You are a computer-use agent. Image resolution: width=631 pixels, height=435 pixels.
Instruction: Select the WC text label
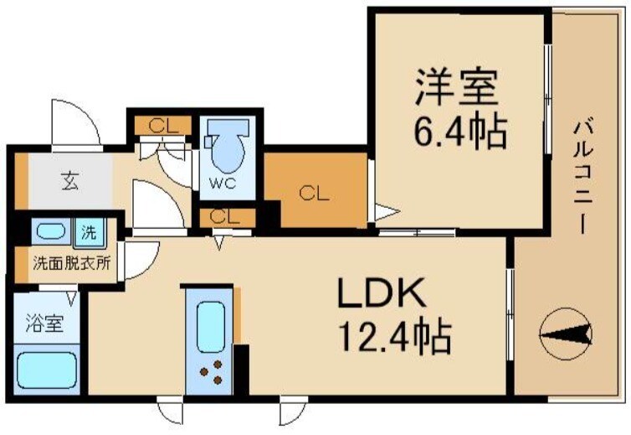click(x=226, y=182)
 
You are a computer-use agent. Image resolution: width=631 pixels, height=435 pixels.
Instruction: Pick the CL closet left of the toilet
click(x=163, y=127)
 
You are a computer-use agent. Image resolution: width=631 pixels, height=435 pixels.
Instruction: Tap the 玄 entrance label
click(x=69, y=181)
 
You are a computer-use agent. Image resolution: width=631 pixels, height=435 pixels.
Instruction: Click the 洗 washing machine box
click(x=89, y=230)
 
